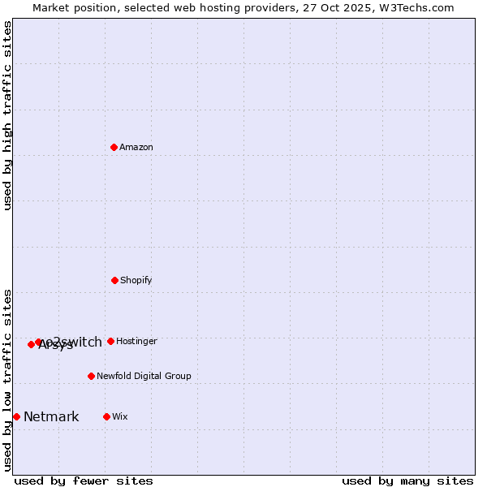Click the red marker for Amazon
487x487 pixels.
[114, 147]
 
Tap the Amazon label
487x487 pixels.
[136, 148]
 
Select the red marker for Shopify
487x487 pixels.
[114, 280]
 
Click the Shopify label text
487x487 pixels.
[136, 281]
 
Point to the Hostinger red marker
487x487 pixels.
[110, 341]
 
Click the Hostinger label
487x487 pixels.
[136, 342]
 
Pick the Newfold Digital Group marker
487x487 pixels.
[91, 376]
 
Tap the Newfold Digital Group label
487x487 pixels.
[144, 377]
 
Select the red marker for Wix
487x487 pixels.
[106, 416]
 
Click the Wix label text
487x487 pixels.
[120, 417]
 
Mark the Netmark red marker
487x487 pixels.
[16, 416]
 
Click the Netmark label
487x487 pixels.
[51, 417]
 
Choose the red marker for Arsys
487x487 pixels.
[31, 344]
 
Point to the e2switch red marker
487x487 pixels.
[38, 342]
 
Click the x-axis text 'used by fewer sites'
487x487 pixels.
[84, 481]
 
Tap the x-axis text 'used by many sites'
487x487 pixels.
[407, 481]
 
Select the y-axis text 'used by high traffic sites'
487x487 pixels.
[8, 115]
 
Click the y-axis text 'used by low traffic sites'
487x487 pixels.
[8, 380]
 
